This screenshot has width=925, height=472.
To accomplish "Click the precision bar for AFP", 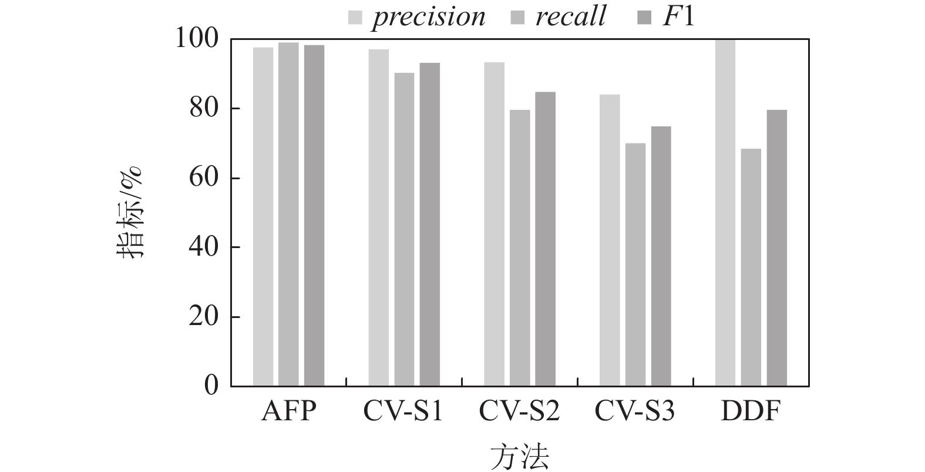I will tap(263, 217).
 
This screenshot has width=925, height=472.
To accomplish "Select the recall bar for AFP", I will tap(288, 215).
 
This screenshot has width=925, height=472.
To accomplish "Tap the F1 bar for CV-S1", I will tap(429, 225).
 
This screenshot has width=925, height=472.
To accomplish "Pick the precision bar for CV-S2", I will tap(494, 225).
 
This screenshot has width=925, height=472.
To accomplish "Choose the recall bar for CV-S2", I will tap(520, 248).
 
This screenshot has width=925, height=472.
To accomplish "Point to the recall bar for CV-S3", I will tap(635, 265).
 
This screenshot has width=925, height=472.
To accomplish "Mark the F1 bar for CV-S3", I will tap(661, 256).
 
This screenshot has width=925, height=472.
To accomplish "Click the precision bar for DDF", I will tap(725, 213).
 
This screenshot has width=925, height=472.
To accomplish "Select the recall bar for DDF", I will tap(751, 267).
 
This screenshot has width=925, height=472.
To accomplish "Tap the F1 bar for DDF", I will tap(776, 248).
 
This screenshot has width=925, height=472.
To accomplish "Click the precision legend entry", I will tap(417, 17).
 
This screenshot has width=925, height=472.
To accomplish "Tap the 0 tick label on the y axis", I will tap(211, 386).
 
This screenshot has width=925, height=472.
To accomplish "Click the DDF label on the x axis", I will tap(751, 412).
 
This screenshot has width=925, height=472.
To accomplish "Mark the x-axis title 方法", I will tap(519, 456).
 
